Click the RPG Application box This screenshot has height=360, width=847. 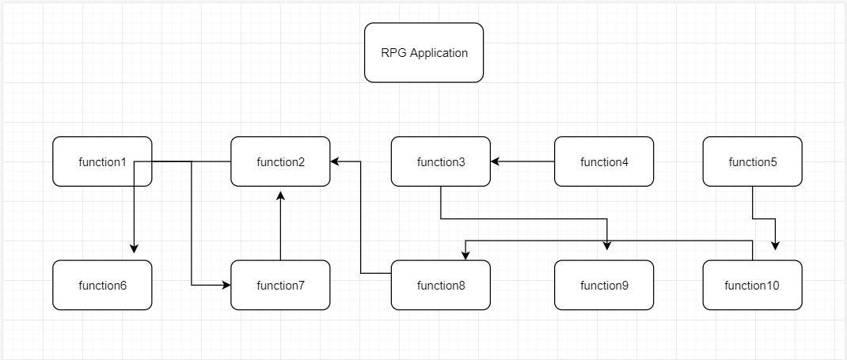pos(424,52)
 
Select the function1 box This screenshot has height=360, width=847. pos(102,161)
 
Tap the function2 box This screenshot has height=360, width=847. pos(280,161)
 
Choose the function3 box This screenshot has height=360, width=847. pos(441,161)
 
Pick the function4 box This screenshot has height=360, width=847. pos(604,161)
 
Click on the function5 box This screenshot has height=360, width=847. pos(752,161)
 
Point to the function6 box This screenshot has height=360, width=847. pos(102,285)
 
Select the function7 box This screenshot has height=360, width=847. pos(280,285)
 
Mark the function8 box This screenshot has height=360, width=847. pos(441,285)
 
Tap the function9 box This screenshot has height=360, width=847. pos(604,285)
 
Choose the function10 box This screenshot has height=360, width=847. pos(752,285)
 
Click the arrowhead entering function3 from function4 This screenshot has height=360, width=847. pos(496,161)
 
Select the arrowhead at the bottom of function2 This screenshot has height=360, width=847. pos(280,192)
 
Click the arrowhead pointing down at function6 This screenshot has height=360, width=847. pos(135,248)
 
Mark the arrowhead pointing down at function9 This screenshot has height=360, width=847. pos(607,244)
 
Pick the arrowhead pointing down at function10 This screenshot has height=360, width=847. pos(775,244)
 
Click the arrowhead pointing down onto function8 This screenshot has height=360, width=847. pos(465,255)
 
